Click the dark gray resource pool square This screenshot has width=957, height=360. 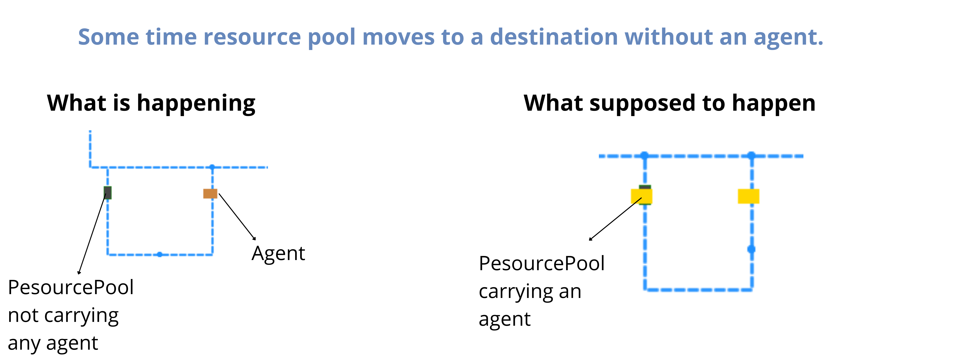[107, 192]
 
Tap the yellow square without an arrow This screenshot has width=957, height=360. [748, 196]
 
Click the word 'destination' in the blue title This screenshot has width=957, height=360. [554, 37]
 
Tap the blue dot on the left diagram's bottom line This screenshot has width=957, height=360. [159, 254]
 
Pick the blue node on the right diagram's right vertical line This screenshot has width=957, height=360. [751, 249]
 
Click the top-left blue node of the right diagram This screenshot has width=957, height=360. [645, 155]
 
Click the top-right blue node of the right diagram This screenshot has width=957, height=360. [751, 155]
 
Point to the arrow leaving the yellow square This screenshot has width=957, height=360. [615, 219]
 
